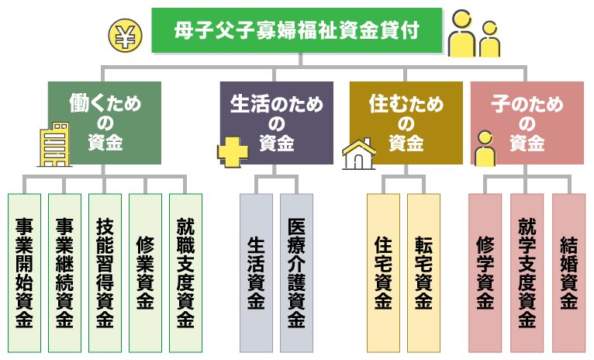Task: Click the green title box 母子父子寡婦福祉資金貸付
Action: point(297,31)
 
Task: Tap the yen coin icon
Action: point(126,35)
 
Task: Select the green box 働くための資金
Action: point(105,123)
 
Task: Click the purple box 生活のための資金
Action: point(276,123)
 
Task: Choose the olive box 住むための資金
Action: point(406,123)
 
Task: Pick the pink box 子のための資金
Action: point(527,123)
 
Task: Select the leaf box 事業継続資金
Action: point(64,272)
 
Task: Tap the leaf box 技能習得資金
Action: point(105,272)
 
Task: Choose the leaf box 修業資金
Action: point(145,272)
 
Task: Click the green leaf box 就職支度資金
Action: point(185,272)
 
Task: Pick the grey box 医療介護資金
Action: point(296,272)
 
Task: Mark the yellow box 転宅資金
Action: point(423,272)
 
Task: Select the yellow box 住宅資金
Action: point(383,272)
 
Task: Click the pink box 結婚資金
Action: point(568,272)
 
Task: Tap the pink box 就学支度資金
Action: point(527,272)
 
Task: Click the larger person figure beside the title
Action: point(462,34)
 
